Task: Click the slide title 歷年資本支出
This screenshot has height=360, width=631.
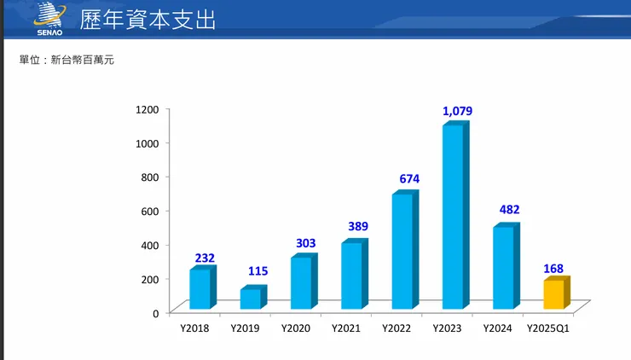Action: pos(148,20)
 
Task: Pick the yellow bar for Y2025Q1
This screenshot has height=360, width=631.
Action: pos(554,293)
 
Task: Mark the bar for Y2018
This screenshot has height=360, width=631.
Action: pos(200,288)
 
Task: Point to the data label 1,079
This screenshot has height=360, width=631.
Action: pos(457,111)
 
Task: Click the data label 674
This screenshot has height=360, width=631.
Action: pos(409,179)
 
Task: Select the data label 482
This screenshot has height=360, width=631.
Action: pos(509,210)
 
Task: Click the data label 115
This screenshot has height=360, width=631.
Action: pos(258,271)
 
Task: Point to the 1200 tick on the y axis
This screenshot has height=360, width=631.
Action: pos(147,109)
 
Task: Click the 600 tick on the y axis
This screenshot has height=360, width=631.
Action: pos(149,211)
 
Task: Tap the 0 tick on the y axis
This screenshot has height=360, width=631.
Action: pos(155,313)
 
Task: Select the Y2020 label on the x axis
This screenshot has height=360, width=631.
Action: pos(296,328)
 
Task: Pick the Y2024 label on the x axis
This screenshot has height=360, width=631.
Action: pos(497,328)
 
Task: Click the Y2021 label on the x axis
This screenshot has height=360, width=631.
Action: pos(346,328)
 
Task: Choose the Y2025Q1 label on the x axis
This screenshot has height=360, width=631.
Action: pos(548,328)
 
